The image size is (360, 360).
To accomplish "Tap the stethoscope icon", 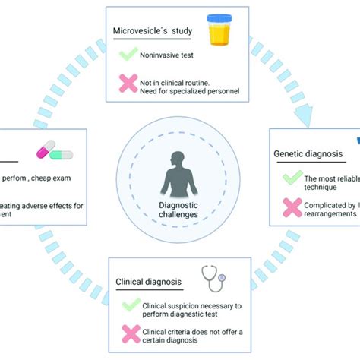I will click(x=213, y=279).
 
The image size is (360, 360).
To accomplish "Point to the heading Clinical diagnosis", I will click(x=148, y=282).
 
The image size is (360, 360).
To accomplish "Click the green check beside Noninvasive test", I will click(x=128, y=55).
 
